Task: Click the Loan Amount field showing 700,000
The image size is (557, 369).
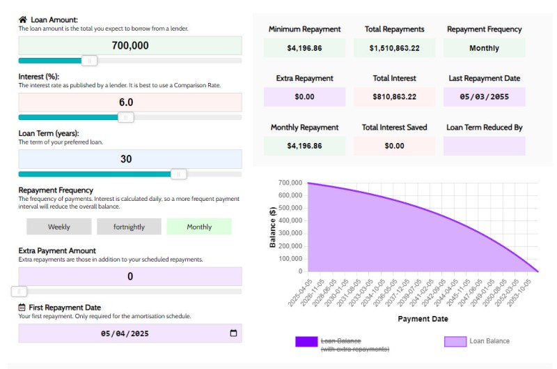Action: coord(130,46)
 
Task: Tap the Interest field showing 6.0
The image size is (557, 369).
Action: coord(130,103)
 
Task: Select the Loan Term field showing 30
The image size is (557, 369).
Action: coord(130,159)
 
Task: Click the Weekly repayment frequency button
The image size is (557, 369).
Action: coord(59,227)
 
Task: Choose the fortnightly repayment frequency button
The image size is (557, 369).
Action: coord(129,227)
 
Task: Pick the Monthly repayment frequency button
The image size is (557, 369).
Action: coord(199,227)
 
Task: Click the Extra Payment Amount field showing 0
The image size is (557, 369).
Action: coord(130,277)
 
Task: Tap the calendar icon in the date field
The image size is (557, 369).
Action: coord(233,333)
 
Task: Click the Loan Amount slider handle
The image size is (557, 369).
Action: coord(89,61)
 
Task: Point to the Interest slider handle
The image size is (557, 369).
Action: coord(126,117)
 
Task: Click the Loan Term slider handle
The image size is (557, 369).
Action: coord(179,174)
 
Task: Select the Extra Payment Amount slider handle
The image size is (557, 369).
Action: coord(21,292)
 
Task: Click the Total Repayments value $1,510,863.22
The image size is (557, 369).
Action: coord(394,48)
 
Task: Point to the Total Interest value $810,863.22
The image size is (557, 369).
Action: coord(394,97)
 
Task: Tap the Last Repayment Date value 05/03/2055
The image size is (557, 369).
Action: coord(484,97)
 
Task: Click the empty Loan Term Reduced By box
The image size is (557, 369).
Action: coord(484,146)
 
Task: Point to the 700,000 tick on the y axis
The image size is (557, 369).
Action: coord(290,183)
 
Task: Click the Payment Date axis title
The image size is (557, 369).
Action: coord(423,319)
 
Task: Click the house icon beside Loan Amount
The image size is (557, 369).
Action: coord(23,20)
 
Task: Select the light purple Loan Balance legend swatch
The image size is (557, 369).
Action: coord(455,341)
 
